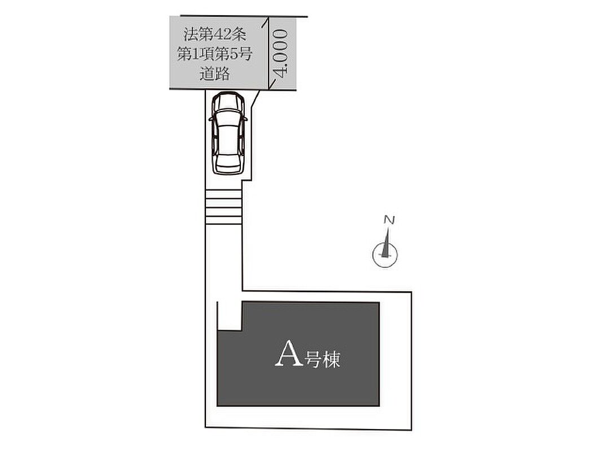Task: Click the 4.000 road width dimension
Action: [280, 54]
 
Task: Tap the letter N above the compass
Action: [389, 220]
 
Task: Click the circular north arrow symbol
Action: [385, 254]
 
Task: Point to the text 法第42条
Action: [214, 34]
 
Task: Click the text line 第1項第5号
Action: [214, 54]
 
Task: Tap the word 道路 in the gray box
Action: [214, 73]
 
